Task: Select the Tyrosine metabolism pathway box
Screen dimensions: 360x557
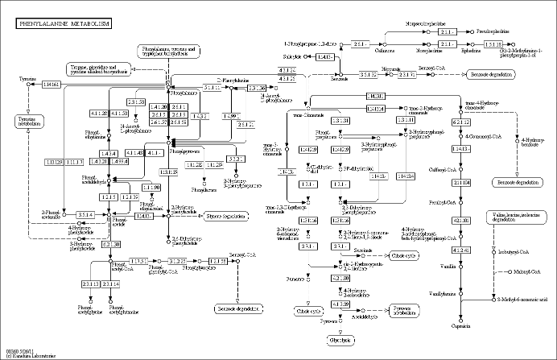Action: coord(27,121)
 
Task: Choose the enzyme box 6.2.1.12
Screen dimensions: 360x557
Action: coord(461,122)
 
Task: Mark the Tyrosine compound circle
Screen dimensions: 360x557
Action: coord(30,85)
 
